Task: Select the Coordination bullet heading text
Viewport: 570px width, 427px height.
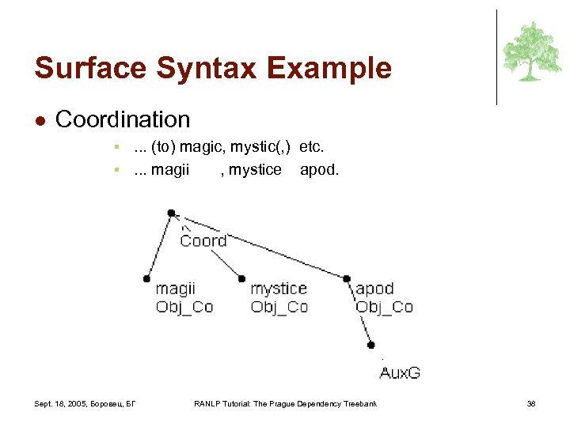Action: coord(123,119)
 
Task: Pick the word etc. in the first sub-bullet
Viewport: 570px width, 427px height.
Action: coord(312,147)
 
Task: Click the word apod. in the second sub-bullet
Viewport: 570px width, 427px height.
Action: coord(319,169)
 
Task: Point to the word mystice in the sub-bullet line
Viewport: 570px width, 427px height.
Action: coord(254,169)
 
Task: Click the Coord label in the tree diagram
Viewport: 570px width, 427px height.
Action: coord(203,240)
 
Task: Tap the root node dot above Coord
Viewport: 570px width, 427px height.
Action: coord(171,213)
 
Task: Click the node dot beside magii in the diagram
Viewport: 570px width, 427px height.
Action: coord(146,278)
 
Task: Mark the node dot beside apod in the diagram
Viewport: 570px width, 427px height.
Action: coord(347,278)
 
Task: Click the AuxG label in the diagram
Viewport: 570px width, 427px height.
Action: coord(400,372)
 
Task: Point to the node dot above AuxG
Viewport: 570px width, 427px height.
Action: coord(371,346)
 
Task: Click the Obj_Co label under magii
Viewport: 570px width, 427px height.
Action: coord(184,307)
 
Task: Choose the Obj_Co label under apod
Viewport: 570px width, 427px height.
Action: coord(384,307)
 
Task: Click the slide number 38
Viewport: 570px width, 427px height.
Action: coord(531,404)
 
